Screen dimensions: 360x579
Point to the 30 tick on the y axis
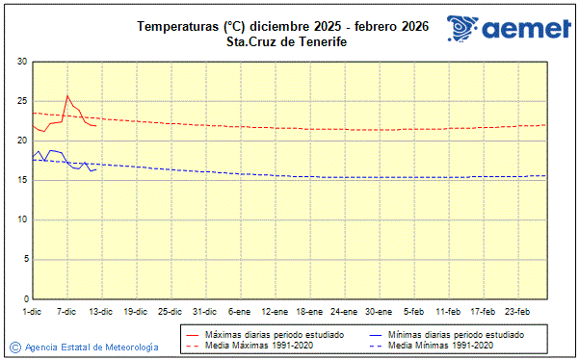tap(22, 62)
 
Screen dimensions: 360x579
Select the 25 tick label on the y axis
tap(22, 101)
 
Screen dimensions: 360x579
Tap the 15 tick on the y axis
tap(22, 180)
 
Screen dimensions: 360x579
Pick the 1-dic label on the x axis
tap(33, 311)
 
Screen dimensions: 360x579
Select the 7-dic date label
tap(67, 311)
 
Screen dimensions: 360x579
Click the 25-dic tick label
tap(171, 311)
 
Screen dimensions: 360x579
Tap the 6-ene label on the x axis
tap(240, 311)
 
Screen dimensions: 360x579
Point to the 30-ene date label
tap(379, 311)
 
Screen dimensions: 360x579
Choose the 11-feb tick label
tap(448, 311)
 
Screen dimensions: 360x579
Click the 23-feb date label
tap(517, 311)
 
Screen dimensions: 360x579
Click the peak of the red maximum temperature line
tap(67, 95)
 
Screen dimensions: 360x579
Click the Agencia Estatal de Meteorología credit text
tap(92, 347)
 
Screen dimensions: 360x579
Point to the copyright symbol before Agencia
tap(15, 347)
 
